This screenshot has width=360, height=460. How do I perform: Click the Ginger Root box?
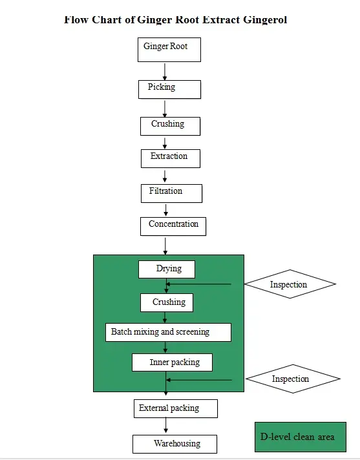coord(169,49)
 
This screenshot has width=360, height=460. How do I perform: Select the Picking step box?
coord(169,89)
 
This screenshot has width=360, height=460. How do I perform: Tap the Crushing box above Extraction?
coord(170,126)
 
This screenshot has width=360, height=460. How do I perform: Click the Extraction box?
coord(171,158)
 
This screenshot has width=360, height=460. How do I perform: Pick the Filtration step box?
coord(171,193)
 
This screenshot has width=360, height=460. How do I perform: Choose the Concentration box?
coord(173,226)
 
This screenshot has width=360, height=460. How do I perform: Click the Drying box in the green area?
coord(167,269)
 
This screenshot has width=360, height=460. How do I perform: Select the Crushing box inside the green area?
coord(167,302)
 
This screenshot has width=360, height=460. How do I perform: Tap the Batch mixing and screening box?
coord(167,333)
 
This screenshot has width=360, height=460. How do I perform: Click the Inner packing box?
coord(172,362)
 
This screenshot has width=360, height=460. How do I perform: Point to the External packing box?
coord(175,409)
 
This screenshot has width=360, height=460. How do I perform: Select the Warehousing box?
coord(175,444)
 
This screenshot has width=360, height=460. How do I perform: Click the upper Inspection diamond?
coord(289,284)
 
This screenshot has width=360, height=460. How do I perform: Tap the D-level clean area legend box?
coord(300,437)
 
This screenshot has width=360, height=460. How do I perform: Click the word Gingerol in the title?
coord(265,19)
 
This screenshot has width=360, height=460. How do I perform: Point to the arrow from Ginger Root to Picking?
coord(165,71)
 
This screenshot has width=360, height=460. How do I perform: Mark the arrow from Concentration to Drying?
coord(166,246)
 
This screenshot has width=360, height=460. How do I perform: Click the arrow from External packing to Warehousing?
coord(166,426)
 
